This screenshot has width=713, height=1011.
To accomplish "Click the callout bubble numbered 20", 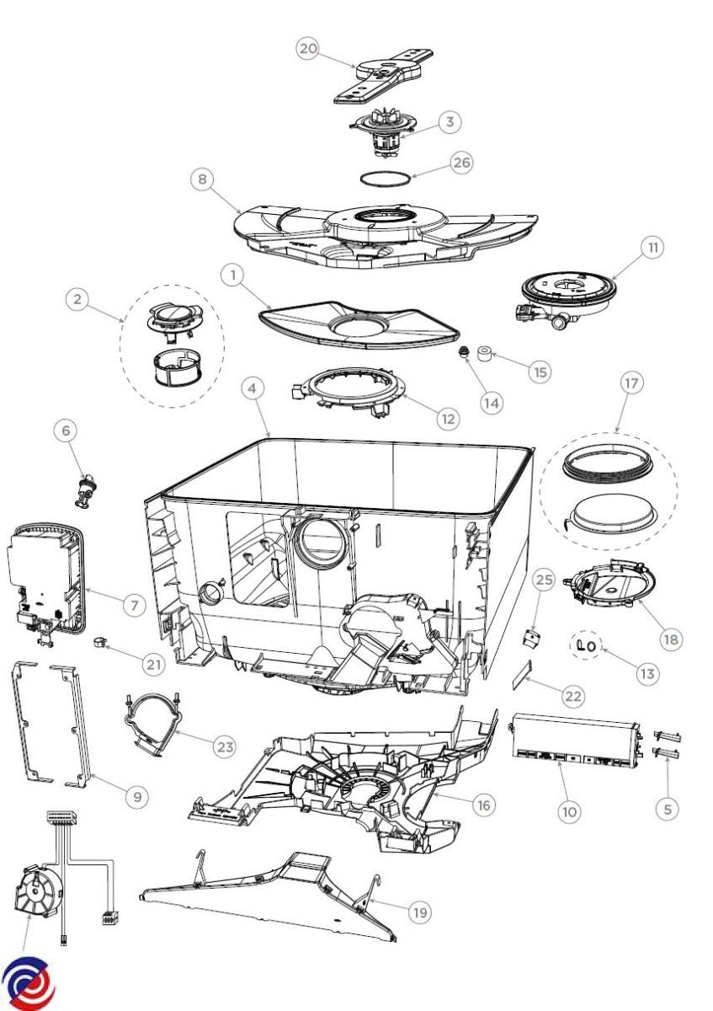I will coord(308,49).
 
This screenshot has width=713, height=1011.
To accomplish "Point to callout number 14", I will coord(492,402).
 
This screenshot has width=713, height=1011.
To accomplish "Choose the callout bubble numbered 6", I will coord(65,431).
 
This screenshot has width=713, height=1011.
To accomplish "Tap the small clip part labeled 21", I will coord(101,645).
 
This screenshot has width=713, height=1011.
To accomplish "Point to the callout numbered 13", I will coord(647,673).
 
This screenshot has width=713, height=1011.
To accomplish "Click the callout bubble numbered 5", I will coord(667,808).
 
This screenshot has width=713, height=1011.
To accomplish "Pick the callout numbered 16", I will coord(482,805).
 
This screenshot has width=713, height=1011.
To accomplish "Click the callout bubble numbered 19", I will coord(420,911).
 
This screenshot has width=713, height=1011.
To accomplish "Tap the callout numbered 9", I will coord(137,794).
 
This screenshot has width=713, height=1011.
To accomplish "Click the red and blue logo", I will coord(29,983).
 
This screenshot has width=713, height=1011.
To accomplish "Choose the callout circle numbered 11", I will coord(653,248).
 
